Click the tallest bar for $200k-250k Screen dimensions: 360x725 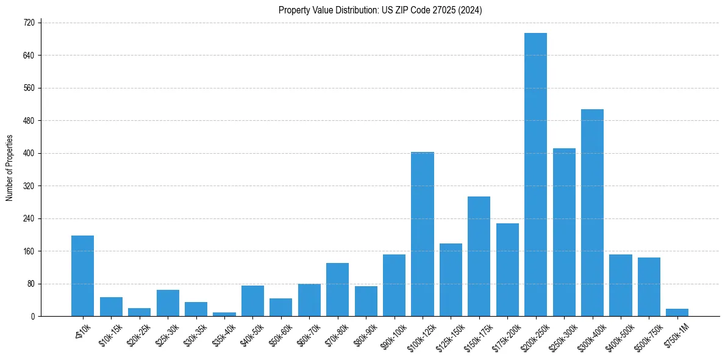pyautogui.click(x=535, y=175)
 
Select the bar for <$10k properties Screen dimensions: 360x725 pyautogui.click(x=82, y=276)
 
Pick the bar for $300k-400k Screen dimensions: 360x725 pyautogui.click(x=592, y=212)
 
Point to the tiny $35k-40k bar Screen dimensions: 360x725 pyautogui.click(x=224, y=314)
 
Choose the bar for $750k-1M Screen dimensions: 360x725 pyautogui.click(x=677, y=312)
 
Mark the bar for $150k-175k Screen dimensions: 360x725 pyautogui.click(x=479, y=256)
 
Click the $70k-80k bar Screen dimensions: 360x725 pyautogui.click(x=337, y=289)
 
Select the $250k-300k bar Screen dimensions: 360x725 pyautogui.click(x=564, y=232)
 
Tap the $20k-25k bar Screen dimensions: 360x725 pyautogui.click(x=139, y=312)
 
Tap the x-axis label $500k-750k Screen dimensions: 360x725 pyautogui.click(x=648, y=335)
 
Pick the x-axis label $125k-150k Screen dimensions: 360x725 pyautogui.click(x=450, y=335)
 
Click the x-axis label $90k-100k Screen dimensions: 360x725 pyautogui.click(x=393, y=335)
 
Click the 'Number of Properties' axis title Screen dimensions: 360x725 pyautogui.click(x=9, y=168)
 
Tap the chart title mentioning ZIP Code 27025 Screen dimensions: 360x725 pyautogui.click(x=380, y=10)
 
